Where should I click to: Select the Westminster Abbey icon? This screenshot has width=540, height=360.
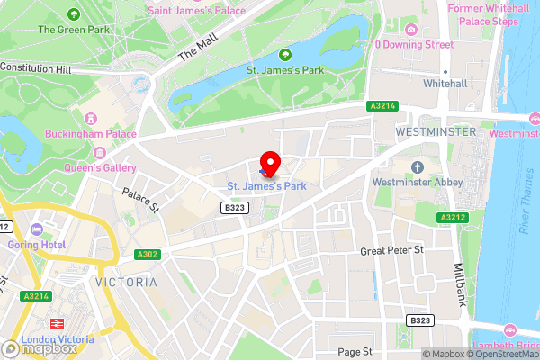pyautogui.click(x=417, y=167)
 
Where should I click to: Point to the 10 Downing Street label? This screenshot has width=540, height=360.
pyautogui.click(x=410, y=45)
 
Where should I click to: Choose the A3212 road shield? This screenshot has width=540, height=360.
pyautogui.click(x=451, y=218)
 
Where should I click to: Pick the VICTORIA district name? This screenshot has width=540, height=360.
pyautogui.click(x=125, y=282)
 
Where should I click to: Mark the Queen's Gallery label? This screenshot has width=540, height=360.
pyautogui.click(x=100, y=168)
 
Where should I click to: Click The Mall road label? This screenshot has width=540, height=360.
pyautogui.click(x=197, y=49)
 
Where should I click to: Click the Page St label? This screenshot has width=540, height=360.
pyautogui.click(x=355, y=351)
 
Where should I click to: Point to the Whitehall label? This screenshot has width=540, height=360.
pyautogui.click(x=445, y=83)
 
